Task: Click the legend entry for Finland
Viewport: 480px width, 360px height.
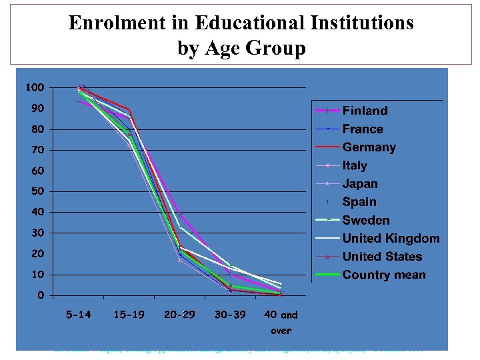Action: tap(365, 111)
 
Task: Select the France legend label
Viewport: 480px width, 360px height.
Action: tap(363, 129)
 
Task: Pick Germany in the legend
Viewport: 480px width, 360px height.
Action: tap(369, 147)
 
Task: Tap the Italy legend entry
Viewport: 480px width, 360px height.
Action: tap(355, 166)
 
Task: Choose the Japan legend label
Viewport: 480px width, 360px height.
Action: tap(360, 184)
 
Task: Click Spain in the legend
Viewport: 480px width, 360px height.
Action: tap(359, 202)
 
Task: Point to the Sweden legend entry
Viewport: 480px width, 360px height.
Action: tap(366, 221)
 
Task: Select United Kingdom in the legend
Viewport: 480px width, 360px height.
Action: tap(391, 239)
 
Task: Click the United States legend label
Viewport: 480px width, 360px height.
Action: tap(382, 257)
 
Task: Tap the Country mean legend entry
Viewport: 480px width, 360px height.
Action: tap(384, 275)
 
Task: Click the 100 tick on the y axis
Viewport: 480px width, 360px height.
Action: tap(35, 87)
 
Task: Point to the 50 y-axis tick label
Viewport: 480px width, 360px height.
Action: tap(39, 191)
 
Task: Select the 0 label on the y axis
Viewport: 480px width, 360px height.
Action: tap(41, 295)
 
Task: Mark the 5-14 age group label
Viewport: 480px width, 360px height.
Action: tap(79, 315)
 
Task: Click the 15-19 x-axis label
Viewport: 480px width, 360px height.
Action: tap(129, 315)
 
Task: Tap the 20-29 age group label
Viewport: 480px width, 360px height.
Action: tap(179, 315)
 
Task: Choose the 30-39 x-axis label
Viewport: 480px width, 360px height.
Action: tap(230, 315)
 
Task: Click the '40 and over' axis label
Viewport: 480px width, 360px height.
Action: tap(281, 321)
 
